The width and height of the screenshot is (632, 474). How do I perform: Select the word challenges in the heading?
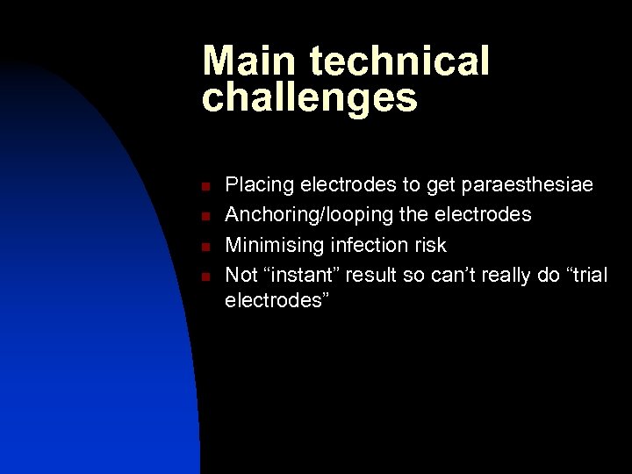[x=310, y=98]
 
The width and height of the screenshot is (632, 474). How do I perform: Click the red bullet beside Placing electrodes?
[x=203, y=186]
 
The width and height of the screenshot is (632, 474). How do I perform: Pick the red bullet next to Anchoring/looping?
[x=203, y=216]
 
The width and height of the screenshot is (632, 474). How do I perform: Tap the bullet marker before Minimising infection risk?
[x=203, y=246]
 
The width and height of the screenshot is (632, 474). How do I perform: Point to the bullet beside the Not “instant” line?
[x=203, y=276]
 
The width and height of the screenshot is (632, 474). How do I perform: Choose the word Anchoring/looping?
[x=315, y=215]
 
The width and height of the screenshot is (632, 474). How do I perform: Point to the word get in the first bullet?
[x=442, y=186]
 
